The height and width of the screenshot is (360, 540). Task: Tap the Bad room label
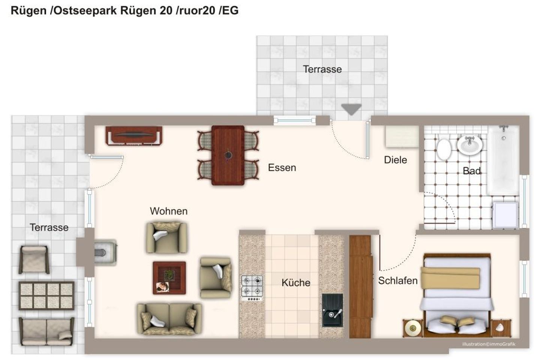[471, 171]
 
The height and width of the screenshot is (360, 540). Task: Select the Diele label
[395, 160]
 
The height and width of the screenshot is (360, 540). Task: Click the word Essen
[282, 168]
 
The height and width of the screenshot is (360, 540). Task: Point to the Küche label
[296, 283]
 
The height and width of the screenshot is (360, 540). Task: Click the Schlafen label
[398, 280]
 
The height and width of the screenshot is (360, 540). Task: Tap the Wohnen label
[168, 211]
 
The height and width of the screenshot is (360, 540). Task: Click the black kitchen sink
[332, 310]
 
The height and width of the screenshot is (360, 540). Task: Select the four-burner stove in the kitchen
[252, 288]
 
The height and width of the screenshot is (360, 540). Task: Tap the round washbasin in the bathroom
[469, 145]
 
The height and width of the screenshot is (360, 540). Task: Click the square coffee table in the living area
[169, 278]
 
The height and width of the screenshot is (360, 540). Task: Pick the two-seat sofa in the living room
[169, 319]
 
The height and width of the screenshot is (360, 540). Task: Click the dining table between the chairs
[228, 155]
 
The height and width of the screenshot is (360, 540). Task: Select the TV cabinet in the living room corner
[134, 136]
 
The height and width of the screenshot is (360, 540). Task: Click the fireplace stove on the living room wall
[105, 252]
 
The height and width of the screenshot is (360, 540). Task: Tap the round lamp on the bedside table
[413, 328]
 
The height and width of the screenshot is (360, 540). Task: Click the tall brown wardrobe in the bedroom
[360, 286]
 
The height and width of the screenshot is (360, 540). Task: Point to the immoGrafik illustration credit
[489, 344]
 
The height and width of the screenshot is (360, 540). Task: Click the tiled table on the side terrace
[46, 295]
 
